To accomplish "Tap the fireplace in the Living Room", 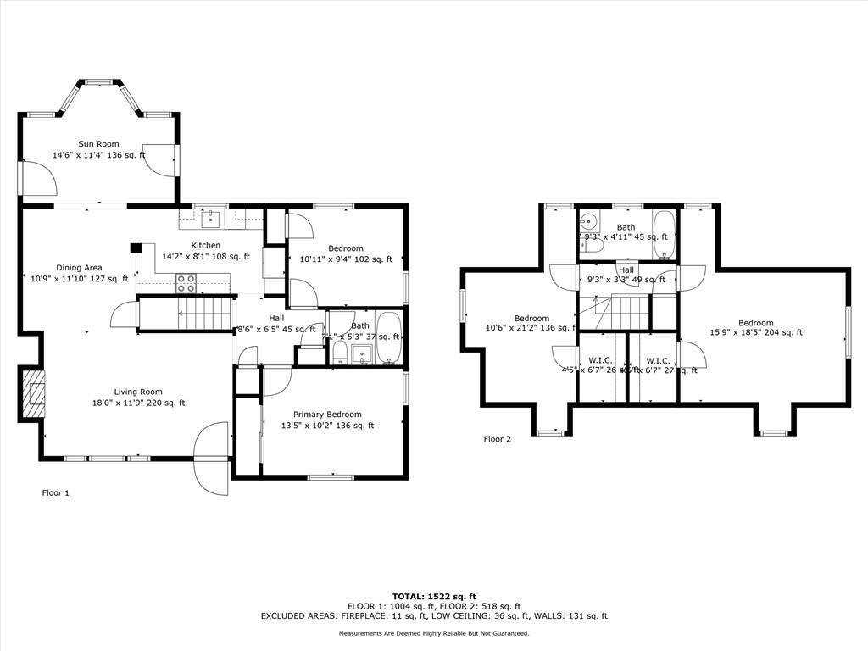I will [x=33, y=394].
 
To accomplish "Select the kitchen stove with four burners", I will [x=186, y=283].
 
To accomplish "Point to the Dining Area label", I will [x=79, y=267].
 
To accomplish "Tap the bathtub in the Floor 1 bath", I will [x=389, y=340].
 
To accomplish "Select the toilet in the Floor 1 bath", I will [x=339, y=351].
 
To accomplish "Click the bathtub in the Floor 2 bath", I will [x=664, y=235].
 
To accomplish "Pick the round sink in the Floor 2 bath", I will [x=588, y=223].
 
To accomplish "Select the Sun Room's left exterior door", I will [x=37, y=180].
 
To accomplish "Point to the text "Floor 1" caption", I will [x=56, y=492].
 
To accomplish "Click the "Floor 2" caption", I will [x=498, y=439].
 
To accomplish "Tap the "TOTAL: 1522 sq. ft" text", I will [x=433, y=597].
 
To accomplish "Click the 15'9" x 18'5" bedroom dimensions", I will [x=755, y=333].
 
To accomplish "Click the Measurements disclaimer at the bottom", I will [x=434, y=633].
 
